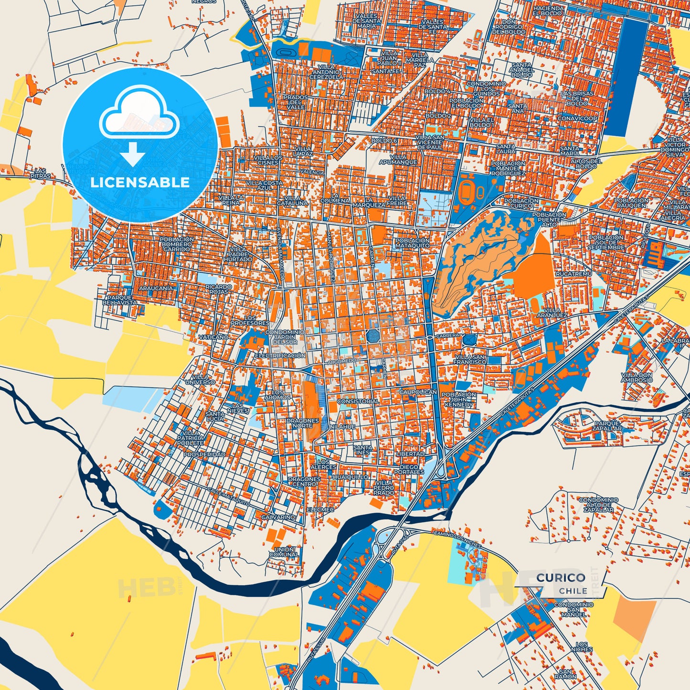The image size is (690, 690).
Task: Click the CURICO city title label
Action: coord(561,578)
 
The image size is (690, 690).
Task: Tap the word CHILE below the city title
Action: coord(573,591)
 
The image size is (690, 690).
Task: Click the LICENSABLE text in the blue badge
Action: coord(140,182)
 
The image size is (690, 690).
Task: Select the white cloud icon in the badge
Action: coord(139,115)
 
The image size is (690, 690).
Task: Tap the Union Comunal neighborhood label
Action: coord(284,552)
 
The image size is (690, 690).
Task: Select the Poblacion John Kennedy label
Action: coord(458,400)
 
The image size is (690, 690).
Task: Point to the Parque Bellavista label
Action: coord(119,300)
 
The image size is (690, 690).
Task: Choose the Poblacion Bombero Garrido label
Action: coord(177,244)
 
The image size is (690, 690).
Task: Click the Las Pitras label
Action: coord(40,173)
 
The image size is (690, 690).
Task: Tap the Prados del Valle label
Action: coord(295,102)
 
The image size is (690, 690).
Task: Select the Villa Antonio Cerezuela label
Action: coord(326,72)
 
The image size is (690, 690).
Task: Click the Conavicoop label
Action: coord(577,118)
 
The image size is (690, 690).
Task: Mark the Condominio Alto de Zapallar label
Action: coord(598,505)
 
